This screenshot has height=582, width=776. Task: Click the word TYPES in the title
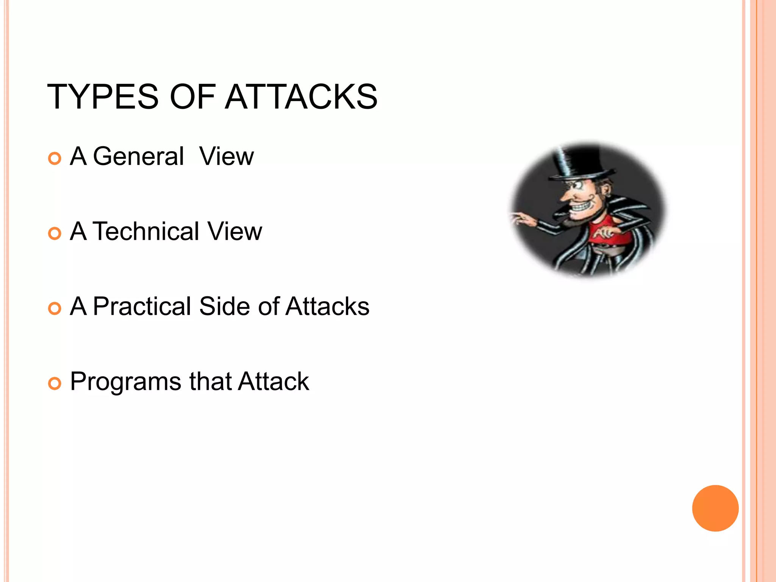point(103,97)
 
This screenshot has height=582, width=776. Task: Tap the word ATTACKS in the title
point(301,97)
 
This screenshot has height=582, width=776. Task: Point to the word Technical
point(146,231)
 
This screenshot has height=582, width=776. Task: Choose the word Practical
point(142,306)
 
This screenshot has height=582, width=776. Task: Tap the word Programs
point(125,382)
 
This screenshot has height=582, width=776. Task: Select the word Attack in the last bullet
point(274,381)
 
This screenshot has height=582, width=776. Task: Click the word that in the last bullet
point(210,381)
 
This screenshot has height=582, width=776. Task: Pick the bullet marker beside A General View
point(55,158)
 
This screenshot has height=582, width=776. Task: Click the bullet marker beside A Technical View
point(55,233)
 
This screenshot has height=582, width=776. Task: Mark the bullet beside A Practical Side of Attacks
point(55,308)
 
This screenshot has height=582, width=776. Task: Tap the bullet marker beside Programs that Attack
point(55,384)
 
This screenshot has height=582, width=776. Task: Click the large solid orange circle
point(715,508)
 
